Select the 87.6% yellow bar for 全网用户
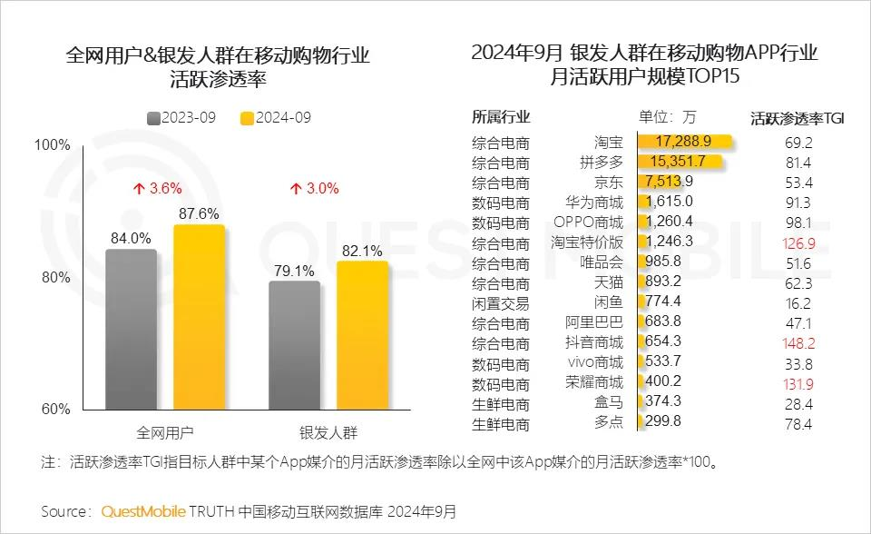199,318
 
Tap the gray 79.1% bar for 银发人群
294,345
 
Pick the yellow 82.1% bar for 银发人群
362,335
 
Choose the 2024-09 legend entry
276,118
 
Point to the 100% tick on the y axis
52,145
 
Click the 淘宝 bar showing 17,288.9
686,142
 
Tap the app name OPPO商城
588,222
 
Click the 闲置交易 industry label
500,303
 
